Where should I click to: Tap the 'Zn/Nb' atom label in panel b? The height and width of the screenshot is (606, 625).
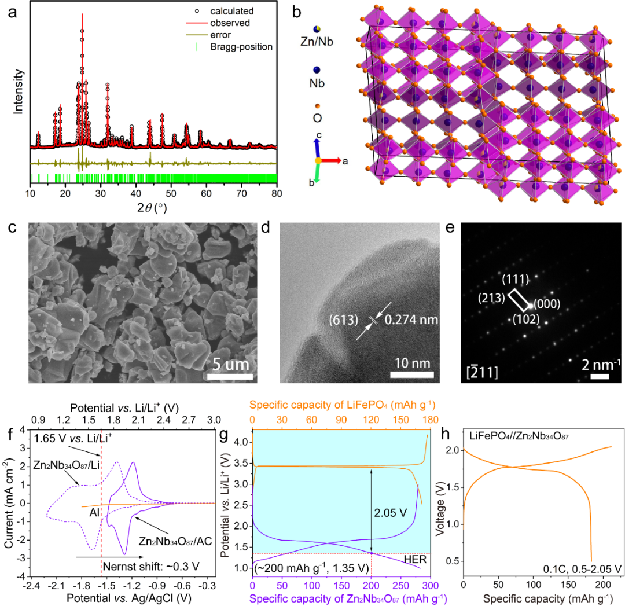(317, 42)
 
